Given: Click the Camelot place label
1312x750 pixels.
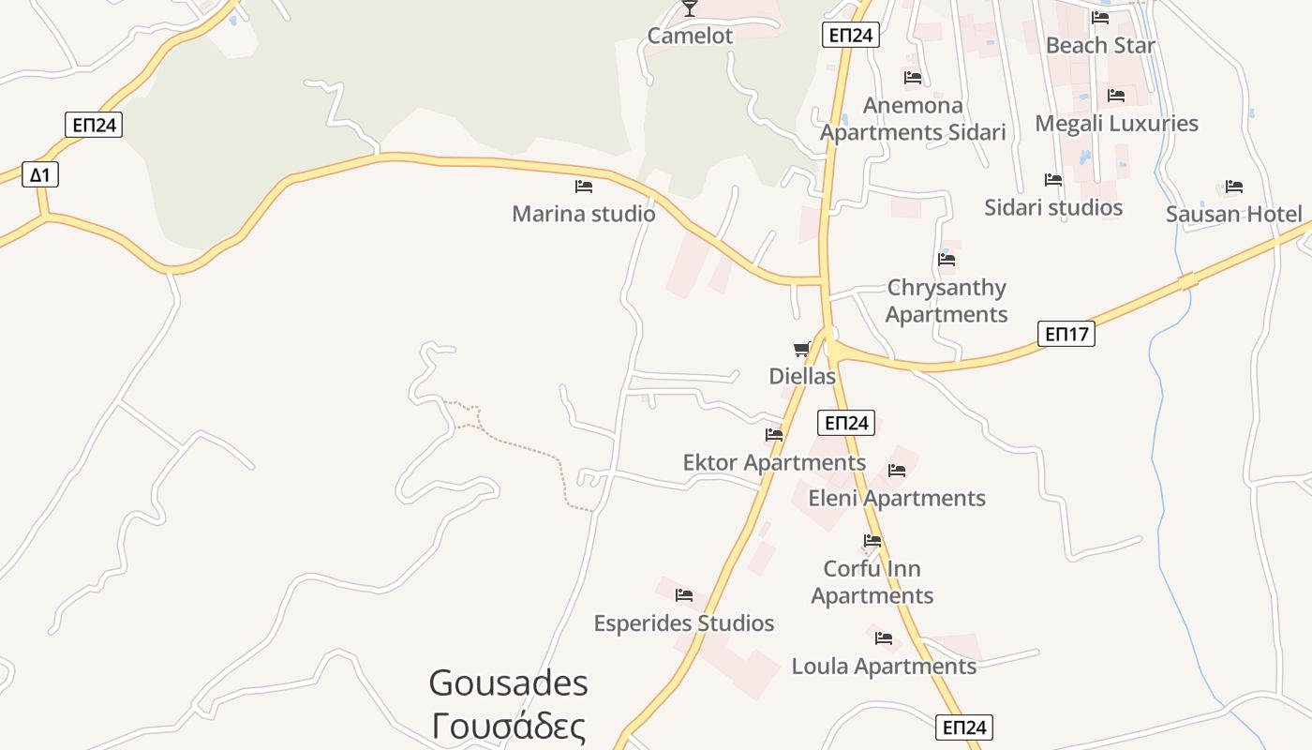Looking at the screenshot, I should click(x=690, y=36).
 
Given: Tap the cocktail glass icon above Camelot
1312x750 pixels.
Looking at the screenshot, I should click(x=690, y=8).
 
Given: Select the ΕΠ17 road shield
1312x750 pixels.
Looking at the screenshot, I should click(x=1066, y=333).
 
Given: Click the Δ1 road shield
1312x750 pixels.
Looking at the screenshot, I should click(x=40, y=174).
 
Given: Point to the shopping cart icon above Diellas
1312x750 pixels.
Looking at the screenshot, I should click(x=801, y=350).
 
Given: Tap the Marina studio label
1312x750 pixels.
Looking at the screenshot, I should click(x=583, y=214).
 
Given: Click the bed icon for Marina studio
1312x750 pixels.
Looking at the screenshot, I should click(x=583, y=187).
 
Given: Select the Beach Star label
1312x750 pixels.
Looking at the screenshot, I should click(x=1100, y=45).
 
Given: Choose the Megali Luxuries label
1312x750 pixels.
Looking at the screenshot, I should click(x=1116, y=123).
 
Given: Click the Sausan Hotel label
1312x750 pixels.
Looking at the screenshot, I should click(x=1233, y=214).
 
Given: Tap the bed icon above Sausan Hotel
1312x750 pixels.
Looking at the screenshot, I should click(x=1233, y=187).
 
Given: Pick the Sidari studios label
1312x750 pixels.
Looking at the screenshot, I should click(x=1053, y=207).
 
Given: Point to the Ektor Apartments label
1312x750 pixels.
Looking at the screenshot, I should click(x=774, y=462).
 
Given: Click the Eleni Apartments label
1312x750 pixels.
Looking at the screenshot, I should click(x=897, y=498).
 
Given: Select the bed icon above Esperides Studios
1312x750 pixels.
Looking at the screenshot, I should click(x=684, y=595).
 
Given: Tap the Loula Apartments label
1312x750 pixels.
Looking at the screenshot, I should click(x=884, y=667).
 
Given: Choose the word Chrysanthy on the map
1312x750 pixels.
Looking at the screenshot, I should click(x=947, y=288).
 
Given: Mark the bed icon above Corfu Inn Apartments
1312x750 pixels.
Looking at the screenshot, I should click(x=872, y=541).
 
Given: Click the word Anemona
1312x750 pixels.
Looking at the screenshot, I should click(x=913, y=105).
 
